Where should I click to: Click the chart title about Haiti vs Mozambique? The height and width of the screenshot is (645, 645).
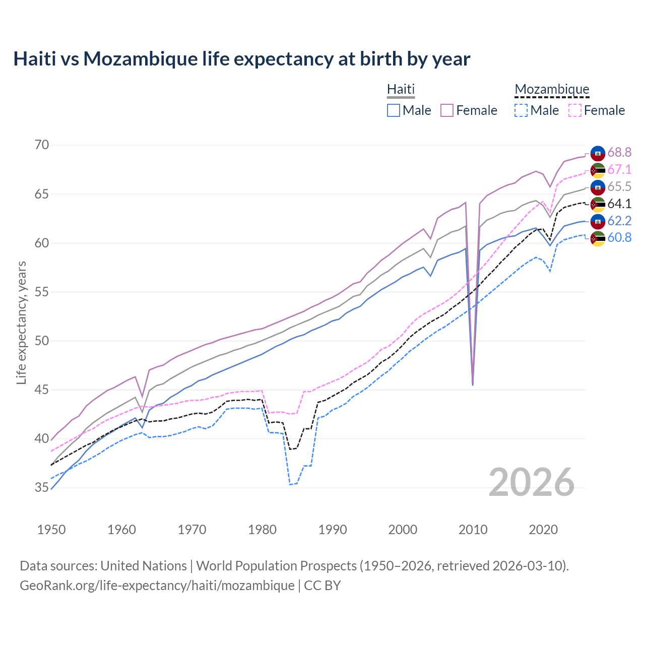242,59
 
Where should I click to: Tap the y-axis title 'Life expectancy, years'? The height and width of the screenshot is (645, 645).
21,322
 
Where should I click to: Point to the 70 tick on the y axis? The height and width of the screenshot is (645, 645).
42,145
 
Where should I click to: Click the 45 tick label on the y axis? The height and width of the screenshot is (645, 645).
42,390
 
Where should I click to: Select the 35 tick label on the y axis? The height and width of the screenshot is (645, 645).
42,487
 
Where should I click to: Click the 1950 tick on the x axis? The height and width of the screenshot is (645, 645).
51,530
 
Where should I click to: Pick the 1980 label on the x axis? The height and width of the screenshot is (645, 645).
262,530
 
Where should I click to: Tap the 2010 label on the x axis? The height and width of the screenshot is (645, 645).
473,530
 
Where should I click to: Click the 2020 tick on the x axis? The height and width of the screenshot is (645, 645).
543,530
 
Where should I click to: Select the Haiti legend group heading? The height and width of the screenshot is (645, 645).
401,89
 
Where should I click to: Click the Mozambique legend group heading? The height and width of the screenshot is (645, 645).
552,89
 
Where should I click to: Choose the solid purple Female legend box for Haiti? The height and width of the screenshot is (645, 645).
447,110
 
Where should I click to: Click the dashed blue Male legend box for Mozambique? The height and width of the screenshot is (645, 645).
521,110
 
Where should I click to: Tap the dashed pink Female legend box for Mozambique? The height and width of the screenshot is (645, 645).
574,110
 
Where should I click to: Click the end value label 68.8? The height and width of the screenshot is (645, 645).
619,152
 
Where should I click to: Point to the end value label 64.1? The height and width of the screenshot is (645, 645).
619,204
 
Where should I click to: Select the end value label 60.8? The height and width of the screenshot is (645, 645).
619,237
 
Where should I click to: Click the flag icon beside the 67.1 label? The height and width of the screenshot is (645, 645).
598,170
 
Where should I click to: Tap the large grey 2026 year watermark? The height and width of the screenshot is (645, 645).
532,482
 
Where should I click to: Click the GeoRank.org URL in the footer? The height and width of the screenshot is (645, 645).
157,585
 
